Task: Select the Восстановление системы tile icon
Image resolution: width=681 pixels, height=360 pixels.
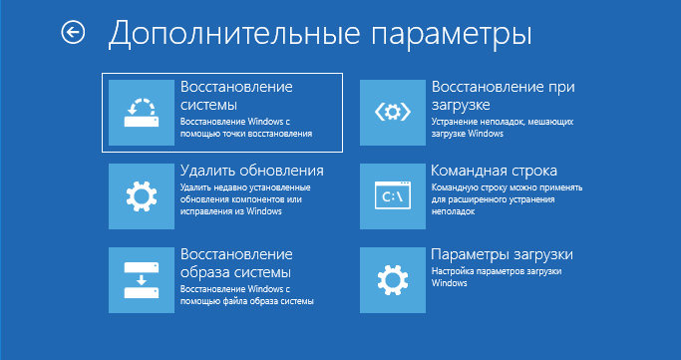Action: (141, 112)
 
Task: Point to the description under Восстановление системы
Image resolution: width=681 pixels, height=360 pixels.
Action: (246, 126)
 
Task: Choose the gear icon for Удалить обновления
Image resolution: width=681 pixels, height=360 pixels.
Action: (141, 194)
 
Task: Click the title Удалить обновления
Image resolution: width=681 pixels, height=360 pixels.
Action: (251, 171)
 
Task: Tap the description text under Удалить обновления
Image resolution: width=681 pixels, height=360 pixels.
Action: (244, 197)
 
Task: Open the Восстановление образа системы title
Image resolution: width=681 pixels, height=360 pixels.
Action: (235, 262)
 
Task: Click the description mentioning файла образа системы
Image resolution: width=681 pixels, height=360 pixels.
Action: (246, 294)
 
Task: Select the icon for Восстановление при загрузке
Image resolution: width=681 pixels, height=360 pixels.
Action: (392, 112)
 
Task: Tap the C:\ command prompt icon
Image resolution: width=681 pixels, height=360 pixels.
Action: (392, 194)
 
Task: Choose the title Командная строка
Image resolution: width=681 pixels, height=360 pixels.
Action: (494, 171)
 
